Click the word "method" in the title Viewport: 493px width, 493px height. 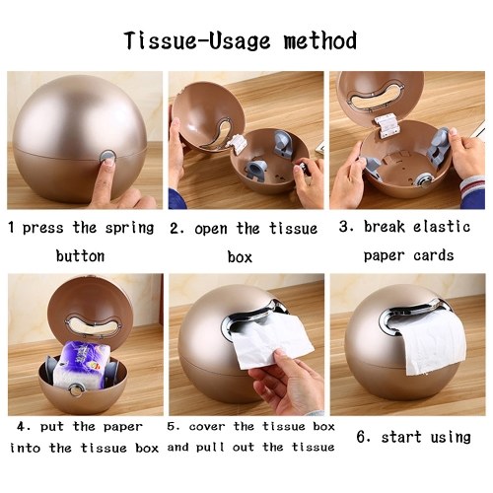[x=320, y=40]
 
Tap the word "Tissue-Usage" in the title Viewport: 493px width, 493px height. [x=197, y=40]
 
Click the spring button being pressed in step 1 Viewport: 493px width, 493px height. [x=107, y=157]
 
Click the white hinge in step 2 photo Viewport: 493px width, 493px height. [x=237, y=143]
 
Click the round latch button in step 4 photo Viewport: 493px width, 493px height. [x=78, y=390]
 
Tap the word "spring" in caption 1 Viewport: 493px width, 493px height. [x=129, y=228]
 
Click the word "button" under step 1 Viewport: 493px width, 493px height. [x=80, y=256]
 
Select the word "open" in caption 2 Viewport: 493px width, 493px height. [x=211, y=229]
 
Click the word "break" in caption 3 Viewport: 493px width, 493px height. [x=385, y=227]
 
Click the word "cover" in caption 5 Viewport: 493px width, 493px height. [x=207, y=427]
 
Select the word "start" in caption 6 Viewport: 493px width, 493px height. [x=401, y=437]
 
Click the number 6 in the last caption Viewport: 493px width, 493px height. [x=362, y=437]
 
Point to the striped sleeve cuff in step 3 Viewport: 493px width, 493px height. [x=472, y=189]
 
